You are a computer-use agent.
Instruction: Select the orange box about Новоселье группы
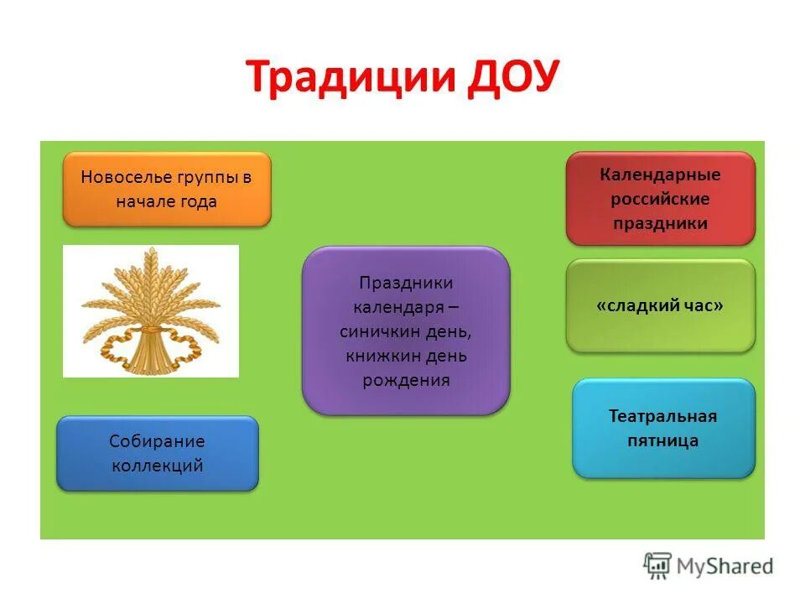pos(167,190)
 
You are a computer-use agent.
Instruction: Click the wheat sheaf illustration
pos(151,310)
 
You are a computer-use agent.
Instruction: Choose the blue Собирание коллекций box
pos(158,454)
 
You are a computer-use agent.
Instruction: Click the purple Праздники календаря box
pos(406,331)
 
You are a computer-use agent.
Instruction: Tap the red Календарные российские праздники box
pos(660,199)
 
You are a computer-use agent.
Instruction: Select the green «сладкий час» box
pos(660,306)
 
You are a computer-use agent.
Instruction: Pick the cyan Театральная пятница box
pos(663,429)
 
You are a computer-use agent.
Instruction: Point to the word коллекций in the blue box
pos(158,466)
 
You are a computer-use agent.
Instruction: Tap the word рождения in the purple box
pos(406,381)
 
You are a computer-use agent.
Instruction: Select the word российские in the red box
pos(660,199)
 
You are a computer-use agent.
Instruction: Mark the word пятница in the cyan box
pos(663,441)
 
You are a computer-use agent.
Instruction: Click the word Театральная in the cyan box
pos(663,417)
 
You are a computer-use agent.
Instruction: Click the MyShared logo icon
pos(657,565)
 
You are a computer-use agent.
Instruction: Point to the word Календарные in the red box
pos(660,174)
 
